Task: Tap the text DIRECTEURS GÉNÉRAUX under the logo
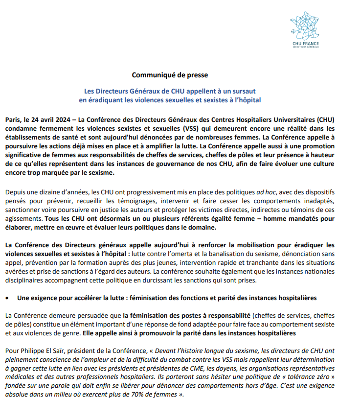(305, 47)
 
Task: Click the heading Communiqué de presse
(170, 75)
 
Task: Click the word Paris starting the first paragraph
(14, 120)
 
